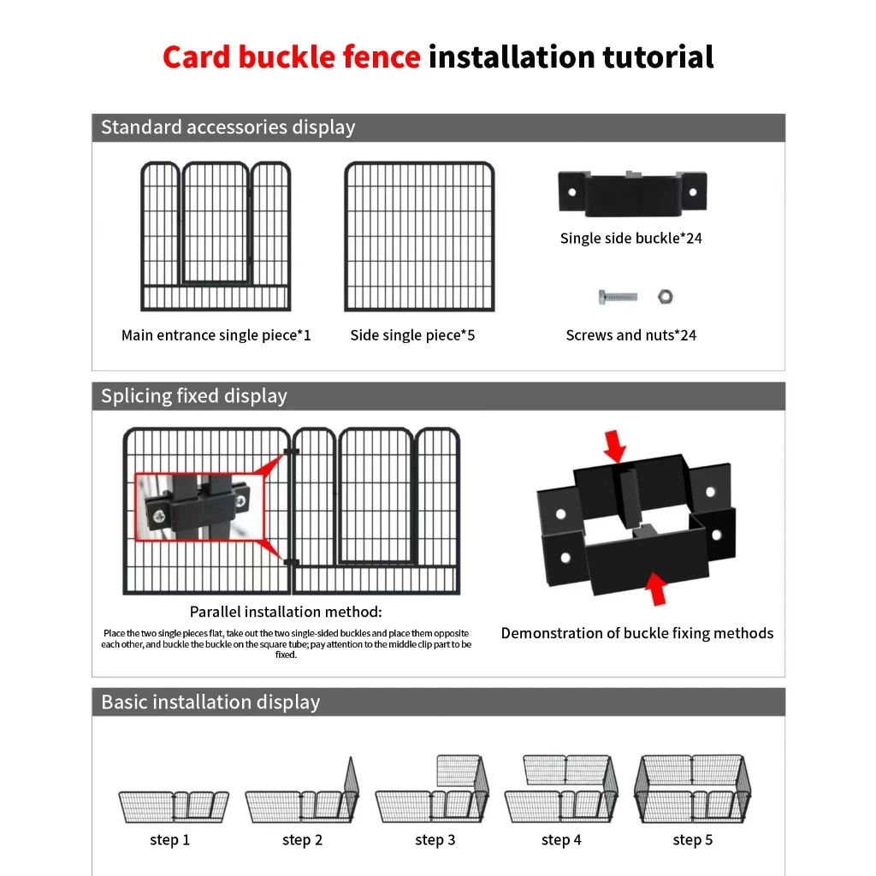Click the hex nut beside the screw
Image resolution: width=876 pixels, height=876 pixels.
(x=664, y=297)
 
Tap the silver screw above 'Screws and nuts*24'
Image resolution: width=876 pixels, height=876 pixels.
(x=618, y=297)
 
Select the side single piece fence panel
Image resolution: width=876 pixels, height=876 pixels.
(x=419, y=236)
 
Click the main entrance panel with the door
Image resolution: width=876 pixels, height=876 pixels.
(x=216, y=236)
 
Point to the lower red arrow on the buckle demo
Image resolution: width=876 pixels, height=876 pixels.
(x=656, y=588)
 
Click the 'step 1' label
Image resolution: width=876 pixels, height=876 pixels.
(x=169, y=840)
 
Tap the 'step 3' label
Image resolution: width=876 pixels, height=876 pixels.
(x=435, y=840)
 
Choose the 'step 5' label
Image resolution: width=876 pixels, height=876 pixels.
(x=692, y=840)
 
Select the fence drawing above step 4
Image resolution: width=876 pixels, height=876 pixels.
(x=561, y=789)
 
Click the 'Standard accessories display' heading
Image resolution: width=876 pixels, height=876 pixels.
(x=228, y=127)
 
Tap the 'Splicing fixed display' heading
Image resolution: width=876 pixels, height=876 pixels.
(x=194, y=396)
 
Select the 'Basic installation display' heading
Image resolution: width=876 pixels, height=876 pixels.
(x=210, y=702)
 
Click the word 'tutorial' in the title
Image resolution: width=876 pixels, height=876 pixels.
(x=658, y=57)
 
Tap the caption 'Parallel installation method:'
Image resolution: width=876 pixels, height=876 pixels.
(x=286, y=612)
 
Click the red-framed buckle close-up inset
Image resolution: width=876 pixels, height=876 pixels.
(x=196, y=507)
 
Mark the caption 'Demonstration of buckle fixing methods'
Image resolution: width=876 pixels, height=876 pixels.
(x=637, y=633)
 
